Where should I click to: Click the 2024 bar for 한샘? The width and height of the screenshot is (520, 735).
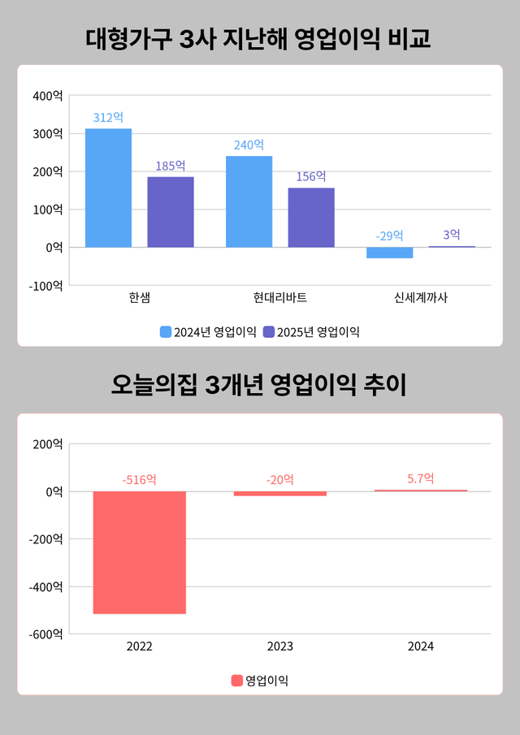108,188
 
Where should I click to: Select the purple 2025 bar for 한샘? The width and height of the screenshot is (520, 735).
170,212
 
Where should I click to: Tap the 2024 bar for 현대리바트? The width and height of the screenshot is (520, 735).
249,201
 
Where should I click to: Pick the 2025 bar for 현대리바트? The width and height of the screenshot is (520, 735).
310,217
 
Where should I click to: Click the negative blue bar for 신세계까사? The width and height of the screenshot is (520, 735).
389,253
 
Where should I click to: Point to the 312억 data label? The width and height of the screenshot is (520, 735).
108,118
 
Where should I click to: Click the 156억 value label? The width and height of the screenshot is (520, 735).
310,177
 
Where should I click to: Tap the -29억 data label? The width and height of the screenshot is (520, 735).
389,236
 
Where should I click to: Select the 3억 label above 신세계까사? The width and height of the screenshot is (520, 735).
452,235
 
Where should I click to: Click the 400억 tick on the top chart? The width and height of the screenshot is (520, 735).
46,96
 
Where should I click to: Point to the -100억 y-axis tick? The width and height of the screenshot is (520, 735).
45,285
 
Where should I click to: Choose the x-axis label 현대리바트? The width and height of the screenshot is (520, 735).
279,298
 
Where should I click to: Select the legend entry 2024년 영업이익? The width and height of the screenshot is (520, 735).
208,331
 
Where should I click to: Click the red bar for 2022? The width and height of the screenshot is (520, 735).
139,552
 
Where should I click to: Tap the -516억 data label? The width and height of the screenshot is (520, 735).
139,479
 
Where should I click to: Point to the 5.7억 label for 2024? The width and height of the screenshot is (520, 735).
421,478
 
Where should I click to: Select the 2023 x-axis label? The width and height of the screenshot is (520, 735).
279,647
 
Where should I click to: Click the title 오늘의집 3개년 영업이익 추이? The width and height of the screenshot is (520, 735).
259,385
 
